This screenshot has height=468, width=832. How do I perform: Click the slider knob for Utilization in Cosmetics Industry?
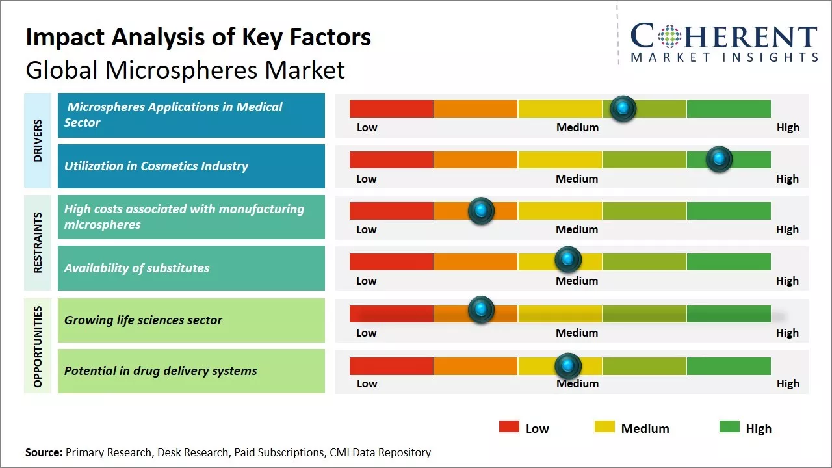[719, 159]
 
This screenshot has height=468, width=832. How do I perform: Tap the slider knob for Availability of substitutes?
[568, 260]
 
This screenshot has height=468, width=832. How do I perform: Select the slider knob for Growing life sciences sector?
[481, 310]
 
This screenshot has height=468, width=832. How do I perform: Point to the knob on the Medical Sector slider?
[623, 109]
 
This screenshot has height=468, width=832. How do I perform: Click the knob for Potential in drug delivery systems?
[568, 367]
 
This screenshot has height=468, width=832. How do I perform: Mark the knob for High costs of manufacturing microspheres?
[481, 211]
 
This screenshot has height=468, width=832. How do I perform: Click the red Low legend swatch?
[509, 427]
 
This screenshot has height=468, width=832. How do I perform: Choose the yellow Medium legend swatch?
[604, 427]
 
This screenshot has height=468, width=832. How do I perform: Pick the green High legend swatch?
[729, 427]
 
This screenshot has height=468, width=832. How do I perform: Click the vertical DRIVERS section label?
[38, 140]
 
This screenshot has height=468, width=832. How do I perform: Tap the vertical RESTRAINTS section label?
[38, 242]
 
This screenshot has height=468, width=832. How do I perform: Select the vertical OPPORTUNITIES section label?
[38, 346]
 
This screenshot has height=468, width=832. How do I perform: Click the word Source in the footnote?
[44, 452]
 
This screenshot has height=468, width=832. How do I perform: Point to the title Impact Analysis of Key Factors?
[198, 38]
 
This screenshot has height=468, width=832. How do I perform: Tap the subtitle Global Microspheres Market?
[185, 70]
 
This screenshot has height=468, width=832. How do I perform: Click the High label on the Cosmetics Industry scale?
[787, 179]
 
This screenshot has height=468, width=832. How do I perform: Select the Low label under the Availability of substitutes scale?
[367, 281]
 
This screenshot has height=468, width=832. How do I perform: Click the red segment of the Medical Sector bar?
[391, 109]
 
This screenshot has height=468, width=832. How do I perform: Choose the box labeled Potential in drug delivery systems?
[191, 371]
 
